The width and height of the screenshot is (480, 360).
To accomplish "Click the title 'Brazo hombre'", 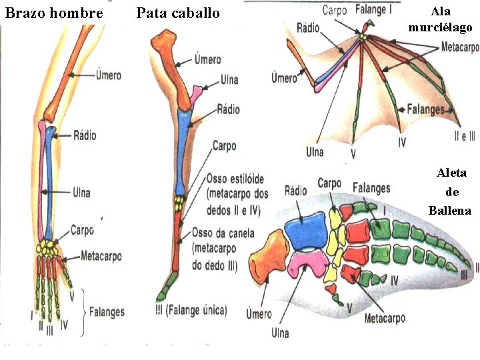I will pyautogui.click(x=53, y=13).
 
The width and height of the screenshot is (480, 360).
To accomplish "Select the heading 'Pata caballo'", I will pyautogui.click(x=178, y=13).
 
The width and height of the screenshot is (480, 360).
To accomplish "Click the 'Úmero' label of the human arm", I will pyautogui.click(x=107, y=75).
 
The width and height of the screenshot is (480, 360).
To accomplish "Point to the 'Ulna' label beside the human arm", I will pyautogui.click(x=82, y=193).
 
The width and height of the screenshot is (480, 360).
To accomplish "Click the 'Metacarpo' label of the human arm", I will pyautogui.click(x=101, y=255).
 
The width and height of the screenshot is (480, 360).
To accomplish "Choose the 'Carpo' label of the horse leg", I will pyautogui.click(x=224, y=145).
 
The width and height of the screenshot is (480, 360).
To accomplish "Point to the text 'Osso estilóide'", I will pyautogui.click(x=235, y=179).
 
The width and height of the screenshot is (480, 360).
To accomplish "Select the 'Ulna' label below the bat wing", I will pyautogui.click(x=315, y=152).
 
